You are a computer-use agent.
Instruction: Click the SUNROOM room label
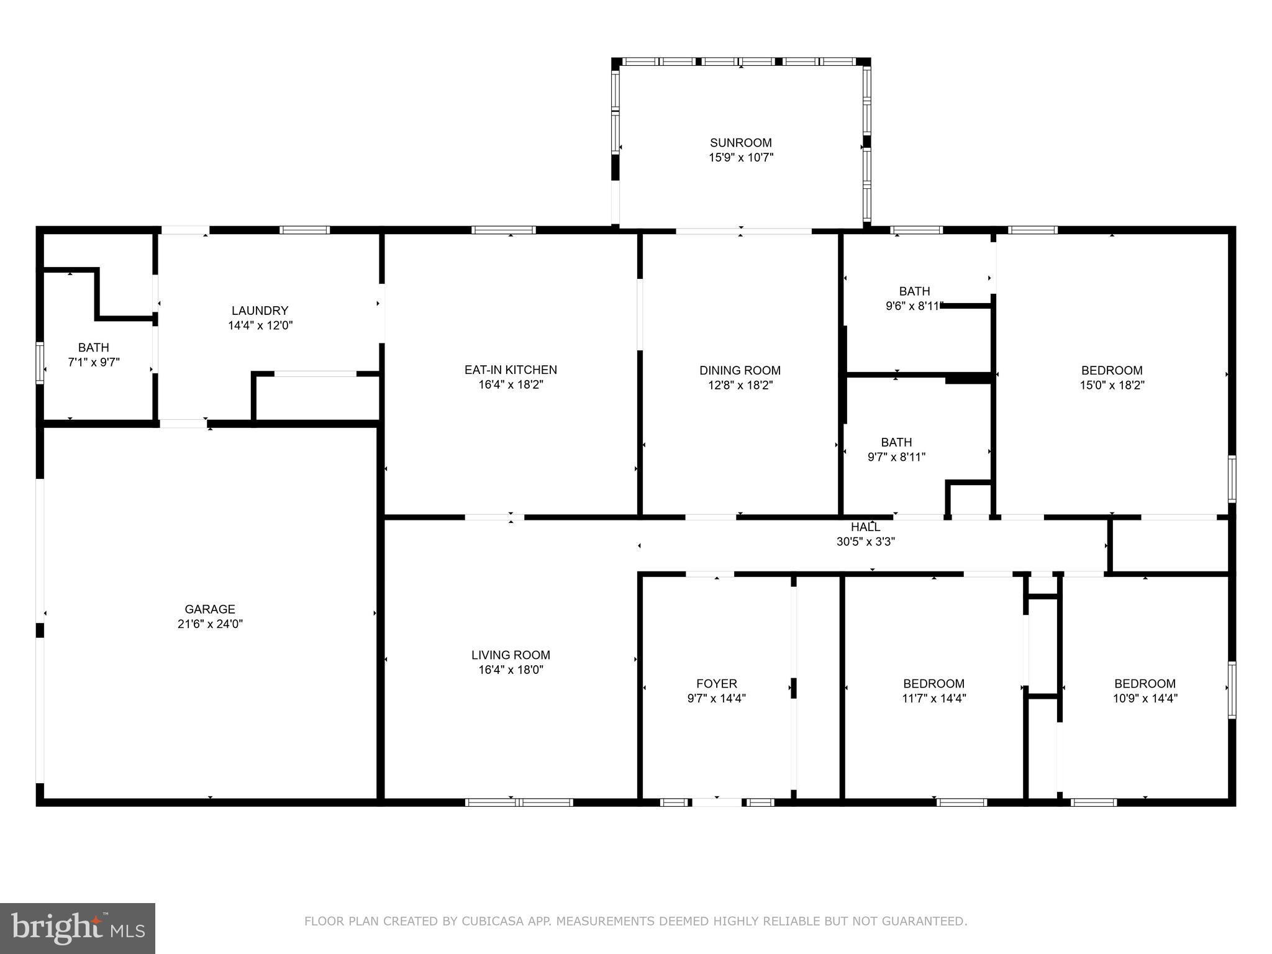pos(741,143)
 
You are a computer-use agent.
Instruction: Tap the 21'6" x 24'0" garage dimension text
pos(210,624)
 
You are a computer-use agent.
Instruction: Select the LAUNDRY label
pos(260,311)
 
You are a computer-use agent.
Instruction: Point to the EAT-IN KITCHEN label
pos(511,370)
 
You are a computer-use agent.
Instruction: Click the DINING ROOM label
pos(740,370)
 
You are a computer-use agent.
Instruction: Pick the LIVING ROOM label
pos(511,655)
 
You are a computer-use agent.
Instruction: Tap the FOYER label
pos(717,684)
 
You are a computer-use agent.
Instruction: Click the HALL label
pos(865,527)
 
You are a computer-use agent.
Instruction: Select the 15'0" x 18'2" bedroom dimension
pos(1112,385)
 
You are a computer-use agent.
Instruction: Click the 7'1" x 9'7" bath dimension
pos(94,362)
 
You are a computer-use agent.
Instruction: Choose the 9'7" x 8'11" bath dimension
pos(896,457)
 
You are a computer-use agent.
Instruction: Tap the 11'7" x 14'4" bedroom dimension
pos(934,698)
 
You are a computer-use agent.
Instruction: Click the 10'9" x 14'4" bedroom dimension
pos(1145,698)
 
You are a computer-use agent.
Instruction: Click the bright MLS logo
pos(78,929)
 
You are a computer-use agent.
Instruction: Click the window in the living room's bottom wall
pos(519,802)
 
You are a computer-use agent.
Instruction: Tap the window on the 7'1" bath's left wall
pos(40,363)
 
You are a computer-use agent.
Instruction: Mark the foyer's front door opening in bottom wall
pos(717,802)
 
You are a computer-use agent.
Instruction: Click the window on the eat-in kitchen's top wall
pos(503,230)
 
